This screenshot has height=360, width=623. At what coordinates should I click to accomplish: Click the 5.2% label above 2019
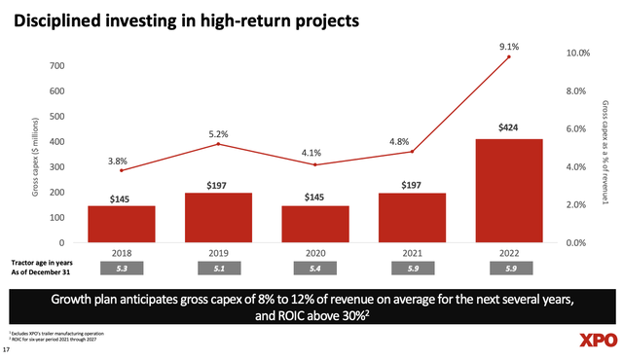pos(217,133)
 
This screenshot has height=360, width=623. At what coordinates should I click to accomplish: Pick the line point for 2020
pos(314,164)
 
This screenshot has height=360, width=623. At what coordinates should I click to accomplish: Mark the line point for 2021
pos(412,152)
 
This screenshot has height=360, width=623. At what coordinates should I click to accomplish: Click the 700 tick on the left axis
pos(60,65)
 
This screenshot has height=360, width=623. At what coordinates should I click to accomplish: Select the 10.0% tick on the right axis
pos(581,54)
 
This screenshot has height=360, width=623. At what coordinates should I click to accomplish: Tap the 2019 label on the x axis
pos(217,252)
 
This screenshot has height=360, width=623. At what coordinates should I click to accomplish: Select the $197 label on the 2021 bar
pos(412,184)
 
